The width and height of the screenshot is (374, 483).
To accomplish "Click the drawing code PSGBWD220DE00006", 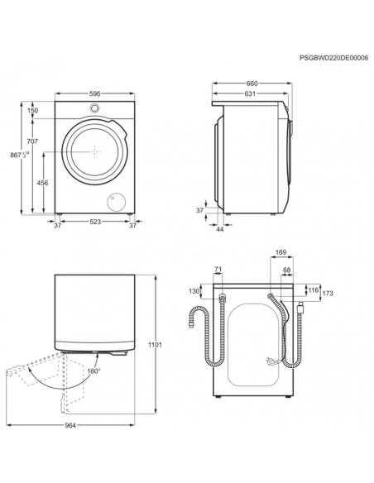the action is pos(333,58).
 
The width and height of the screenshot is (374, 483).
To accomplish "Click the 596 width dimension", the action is pos(95,93).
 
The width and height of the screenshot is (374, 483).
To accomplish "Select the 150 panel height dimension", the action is pos(32,110).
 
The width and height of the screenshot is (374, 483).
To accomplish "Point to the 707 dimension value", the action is pos(32,141).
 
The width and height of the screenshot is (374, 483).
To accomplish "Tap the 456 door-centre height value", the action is pos(42,183).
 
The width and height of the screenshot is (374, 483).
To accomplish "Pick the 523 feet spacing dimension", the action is pos(95,222).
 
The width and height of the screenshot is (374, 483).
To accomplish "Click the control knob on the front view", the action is pos(94,108).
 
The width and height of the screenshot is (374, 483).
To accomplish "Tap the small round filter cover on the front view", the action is pos(117,203).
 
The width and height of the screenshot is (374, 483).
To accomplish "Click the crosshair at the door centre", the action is pos(95,152).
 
